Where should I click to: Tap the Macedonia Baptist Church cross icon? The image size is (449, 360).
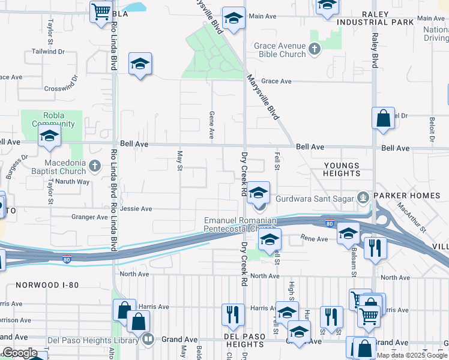tap(94, 165)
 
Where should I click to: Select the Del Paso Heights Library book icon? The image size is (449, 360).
tap(148, 339)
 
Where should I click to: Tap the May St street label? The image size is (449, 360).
tap(179, 160)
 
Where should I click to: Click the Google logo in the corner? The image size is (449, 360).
tap(20, 353)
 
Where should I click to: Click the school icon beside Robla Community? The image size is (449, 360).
tap(49, 136)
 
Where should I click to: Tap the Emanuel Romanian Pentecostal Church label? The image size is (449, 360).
tap(240, 225)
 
